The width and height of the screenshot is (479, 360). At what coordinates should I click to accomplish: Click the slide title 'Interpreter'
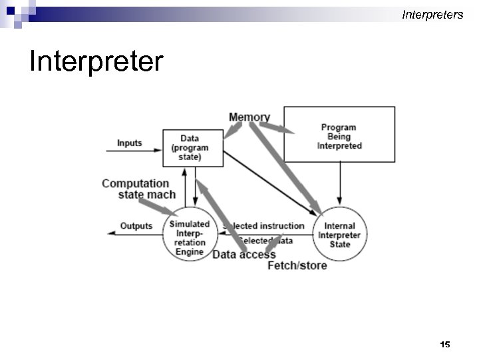[96, 61]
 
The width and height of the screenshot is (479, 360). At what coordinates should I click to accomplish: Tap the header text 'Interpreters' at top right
[432, 14]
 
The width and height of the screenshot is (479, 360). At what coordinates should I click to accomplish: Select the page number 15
[445, 344]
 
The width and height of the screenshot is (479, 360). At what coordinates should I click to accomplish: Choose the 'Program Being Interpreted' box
[339, 136]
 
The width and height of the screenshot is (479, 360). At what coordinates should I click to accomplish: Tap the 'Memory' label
[249, 117]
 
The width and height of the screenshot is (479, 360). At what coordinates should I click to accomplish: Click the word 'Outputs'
[136, 226]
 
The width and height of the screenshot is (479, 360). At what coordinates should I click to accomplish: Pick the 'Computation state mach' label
[138, 189]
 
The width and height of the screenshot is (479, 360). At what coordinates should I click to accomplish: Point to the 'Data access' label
[243, 254]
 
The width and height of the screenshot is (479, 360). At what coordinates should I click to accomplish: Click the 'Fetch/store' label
[297, 265]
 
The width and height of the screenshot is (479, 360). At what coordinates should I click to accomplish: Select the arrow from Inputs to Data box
[133, 151]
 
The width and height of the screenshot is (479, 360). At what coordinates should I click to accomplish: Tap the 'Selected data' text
[266, 241]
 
